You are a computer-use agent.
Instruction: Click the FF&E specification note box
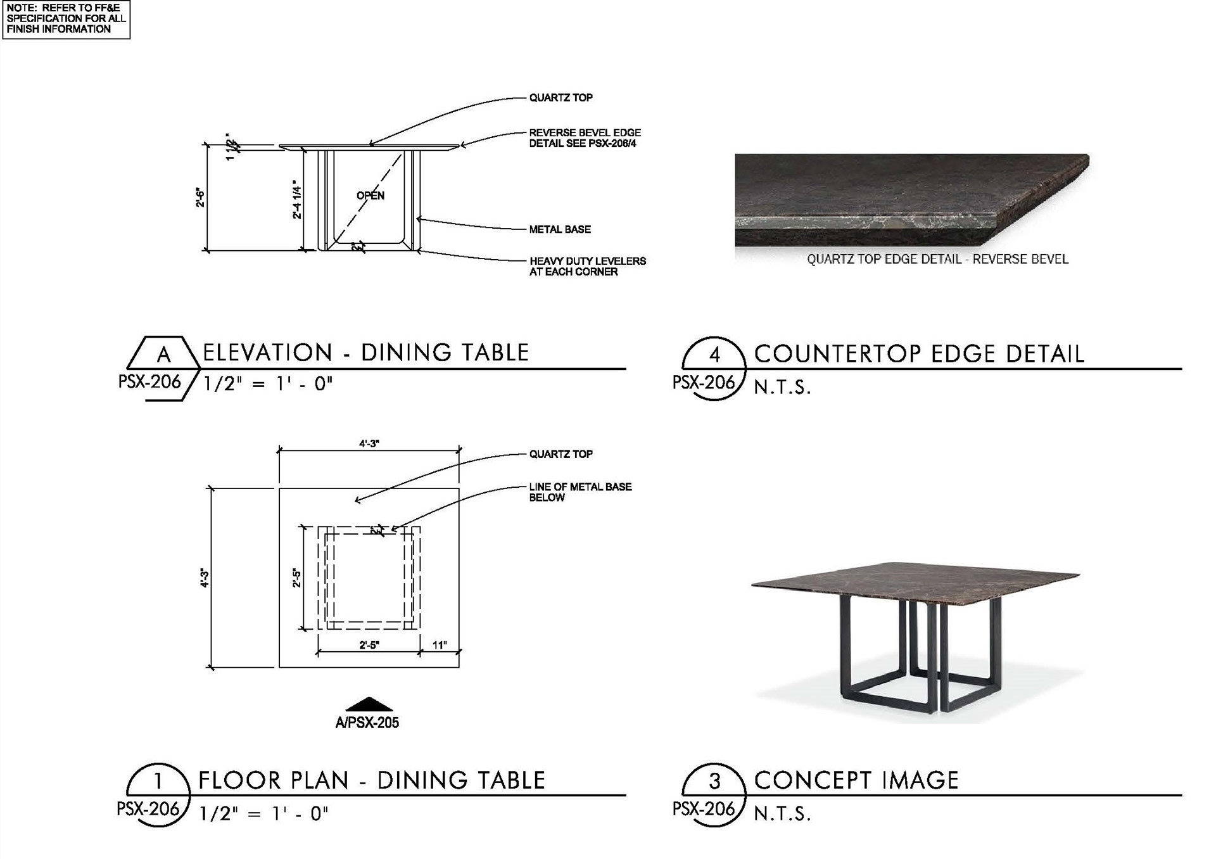66,19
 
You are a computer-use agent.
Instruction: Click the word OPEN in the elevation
370,196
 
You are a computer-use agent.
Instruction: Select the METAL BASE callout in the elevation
560,229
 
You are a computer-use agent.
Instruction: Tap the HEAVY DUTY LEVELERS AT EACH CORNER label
587,266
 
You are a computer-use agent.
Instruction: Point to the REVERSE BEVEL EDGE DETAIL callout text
585,138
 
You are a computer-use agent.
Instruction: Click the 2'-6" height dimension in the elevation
200,198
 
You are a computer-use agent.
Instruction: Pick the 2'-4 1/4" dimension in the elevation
296,200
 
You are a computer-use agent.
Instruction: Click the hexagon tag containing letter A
163,353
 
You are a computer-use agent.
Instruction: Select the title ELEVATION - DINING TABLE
365,353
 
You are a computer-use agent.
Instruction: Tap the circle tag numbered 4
714,354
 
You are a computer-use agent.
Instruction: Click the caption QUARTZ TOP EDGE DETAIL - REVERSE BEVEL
937,259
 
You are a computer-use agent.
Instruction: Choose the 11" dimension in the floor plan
440,645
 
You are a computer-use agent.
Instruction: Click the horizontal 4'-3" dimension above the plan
369,444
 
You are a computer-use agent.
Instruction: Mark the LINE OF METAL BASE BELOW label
580,492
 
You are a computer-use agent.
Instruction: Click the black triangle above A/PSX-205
369,704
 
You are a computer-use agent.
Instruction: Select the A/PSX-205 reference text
367,723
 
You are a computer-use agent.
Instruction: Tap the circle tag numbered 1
158,780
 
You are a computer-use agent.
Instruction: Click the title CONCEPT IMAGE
856,780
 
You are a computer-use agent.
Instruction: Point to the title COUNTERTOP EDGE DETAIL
919,354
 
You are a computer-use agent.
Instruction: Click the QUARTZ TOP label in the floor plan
560,454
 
